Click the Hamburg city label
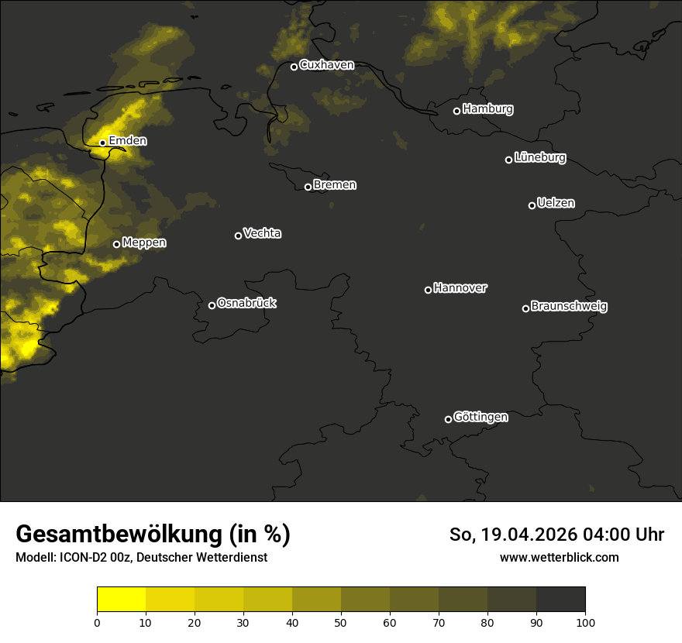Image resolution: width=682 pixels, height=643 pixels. click(x=487, y=109)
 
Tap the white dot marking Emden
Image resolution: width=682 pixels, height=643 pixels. click(x=102, y=143)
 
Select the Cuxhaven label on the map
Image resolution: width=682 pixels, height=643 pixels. click(x=326, y=65)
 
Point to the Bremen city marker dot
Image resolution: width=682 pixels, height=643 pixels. click(x=308, y=187)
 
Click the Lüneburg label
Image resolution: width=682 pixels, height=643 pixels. click(x=539, y=158)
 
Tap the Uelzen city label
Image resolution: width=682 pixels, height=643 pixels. click(x=556, y=203)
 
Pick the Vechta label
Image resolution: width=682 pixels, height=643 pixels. click(x=262, y=233)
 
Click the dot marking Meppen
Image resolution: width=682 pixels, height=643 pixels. click(x=116, y=244)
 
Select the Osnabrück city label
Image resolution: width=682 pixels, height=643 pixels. click(x=246, y=303)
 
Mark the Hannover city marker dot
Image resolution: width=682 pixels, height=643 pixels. click(x=428, y=290)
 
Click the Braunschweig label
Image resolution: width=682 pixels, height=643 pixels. click(x=569, y=306)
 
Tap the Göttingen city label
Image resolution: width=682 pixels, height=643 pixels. click(x=480, y=417)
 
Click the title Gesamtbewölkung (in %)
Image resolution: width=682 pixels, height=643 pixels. click(x=153, y=535)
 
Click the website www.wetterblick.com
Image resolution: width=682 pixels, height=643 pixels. click(x=559, y=557)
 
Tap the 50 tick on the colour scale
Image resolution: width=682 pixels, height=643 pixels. click(x=341, y=621)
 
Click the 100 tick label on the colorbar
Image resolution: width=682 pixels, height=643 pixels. click(x=585, y=621)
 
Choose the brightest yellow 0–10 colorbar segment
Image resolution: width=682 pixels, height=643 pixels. click(x=122, y=600)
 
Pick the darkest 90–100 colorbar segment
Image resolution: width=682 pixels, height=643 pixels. click(x=560, y=600)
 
